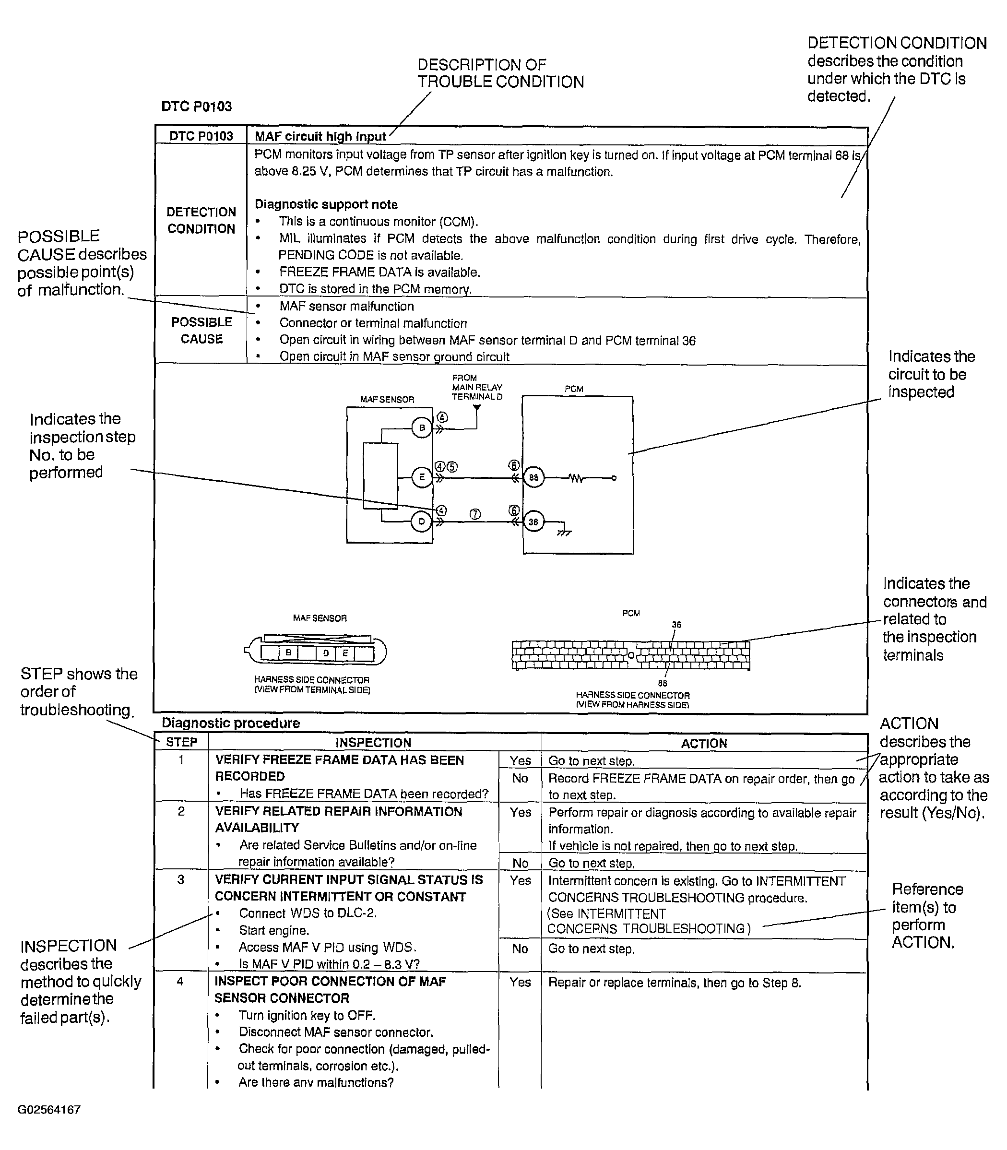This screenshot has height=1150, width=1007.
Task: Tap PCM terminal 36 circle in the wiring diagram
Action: [x=533, y=522]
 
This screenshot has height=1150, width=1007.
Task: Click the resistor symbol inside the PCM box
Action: [x=576, y=478]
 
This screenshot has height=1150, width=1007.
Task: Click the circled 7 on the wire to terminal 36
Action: [x=475, y=514]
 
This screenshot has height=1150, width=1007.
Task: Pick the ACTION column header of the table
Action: [x=704, y=744]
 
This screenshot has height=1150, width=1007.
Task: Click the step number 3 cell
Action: [x=181, y=879]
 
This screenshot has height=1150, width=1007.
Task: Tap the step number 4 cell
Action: [x=180, y=982]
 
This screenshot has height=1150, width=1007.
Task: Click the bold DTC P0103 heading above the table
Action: [x=197, y=106]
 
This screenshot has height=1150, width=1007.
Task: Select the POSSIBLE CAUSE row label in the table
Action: [x=201, y=331]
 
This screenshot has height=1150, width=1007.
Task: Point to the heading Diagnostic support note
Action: [x=326, y=204]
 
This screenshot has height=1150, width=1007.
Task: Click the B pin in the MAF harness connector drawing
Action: [x=289, y=652]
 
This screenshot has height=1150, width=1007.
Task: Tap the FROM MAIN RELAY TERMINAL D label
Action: [x=476, y=387]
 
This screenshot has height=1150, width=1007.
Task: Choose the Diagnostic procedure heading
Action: [x=231, y=723]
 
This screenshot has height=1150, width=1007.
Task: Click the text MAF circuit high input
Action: [x=320, y=137]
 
